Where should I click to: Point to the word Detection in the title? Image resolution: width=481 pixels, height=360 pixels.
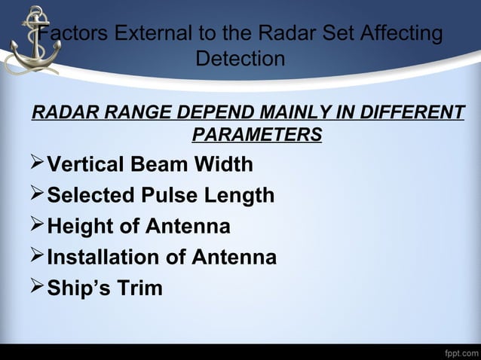(240, 58)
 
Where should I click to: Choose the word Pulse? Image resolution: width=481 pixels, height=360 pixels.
(163, 196)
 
